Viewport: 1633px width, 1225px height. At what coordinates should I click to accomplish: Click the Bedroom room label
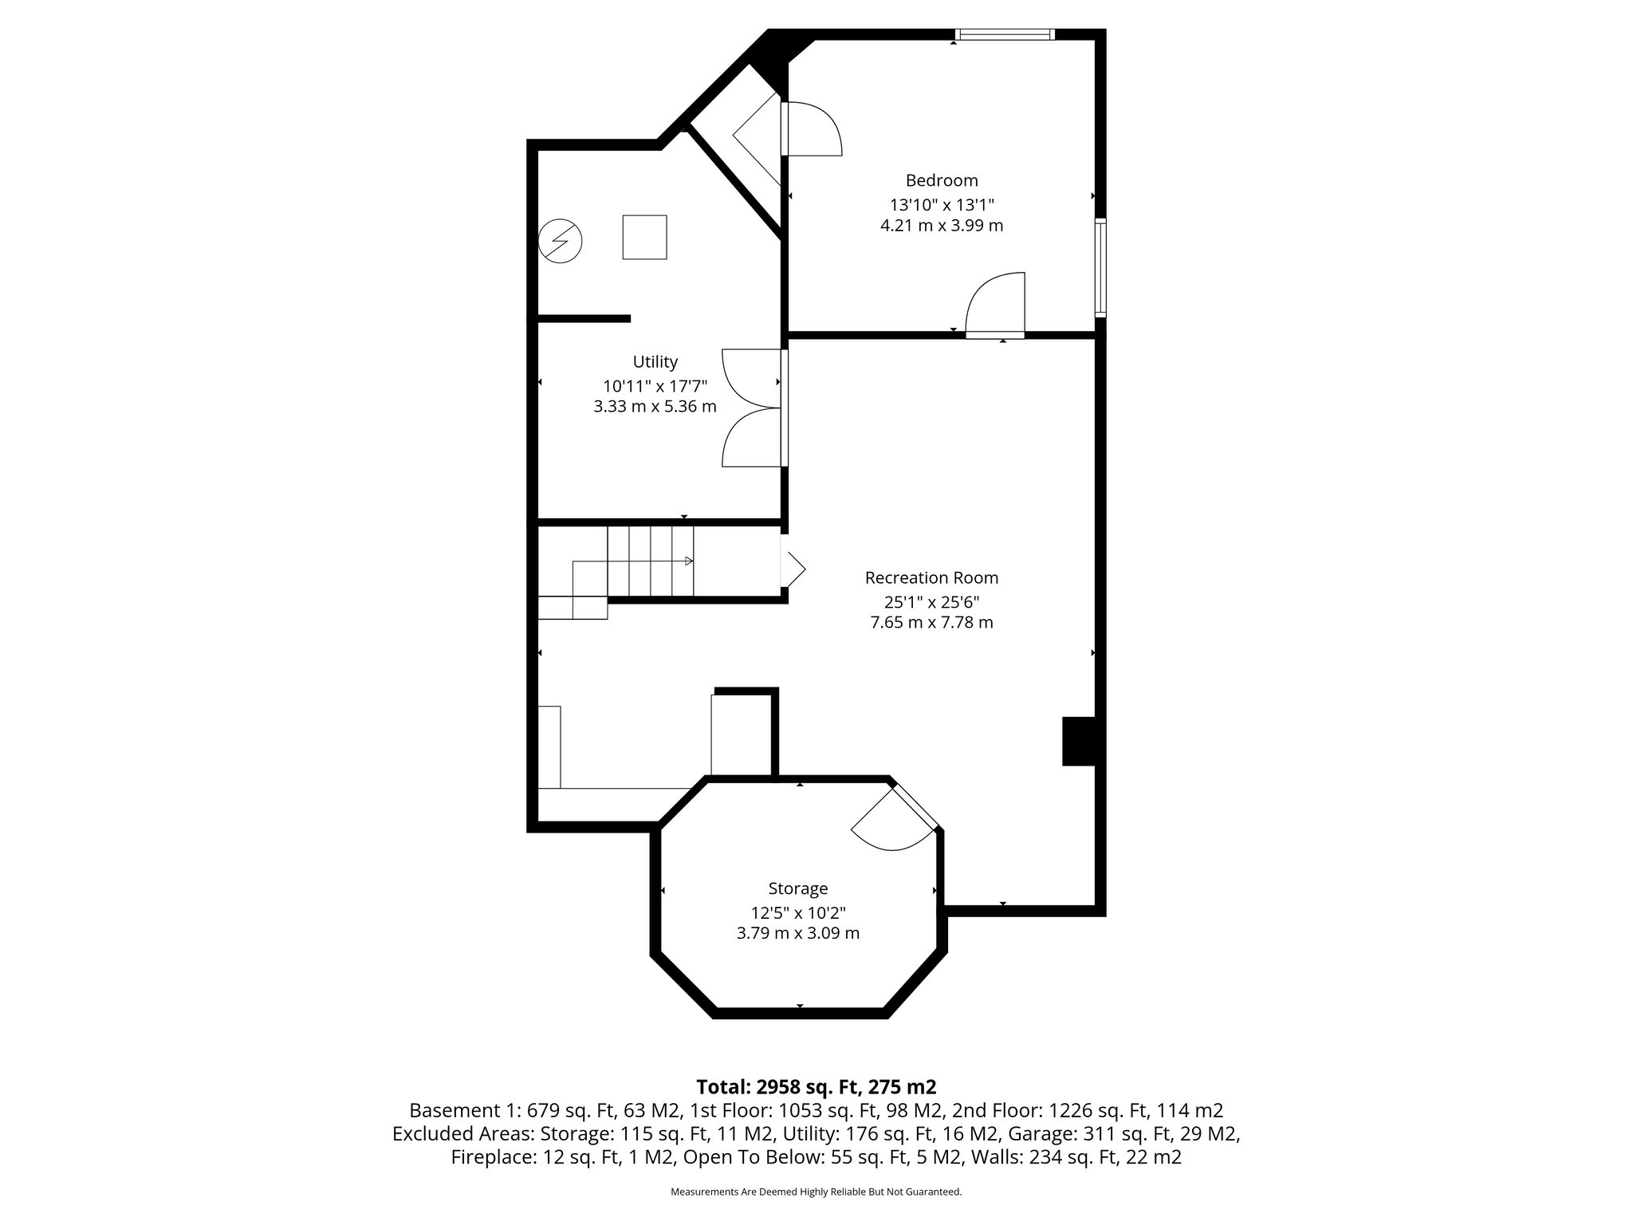[x=941, y=180]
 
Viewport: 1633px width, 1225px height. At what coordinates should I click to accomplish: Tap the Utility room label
[x=655, y=361]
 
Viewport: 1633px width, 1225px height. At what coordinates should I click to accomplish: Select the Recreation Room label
[x=931, y=577]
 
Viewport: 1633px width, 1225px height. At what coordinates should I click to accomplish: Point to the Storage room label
[x=797, y=888]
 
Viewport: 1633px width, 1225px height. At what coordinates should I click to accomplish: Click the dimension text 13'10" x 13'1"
[x=942, y=204]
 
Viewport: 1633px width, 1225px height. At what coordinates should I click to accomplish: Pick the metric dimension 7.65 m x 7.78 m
[x=931, y=622]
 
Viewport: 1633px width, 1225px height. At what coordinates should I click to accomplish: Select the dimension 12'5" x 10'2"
[x=797, y=912]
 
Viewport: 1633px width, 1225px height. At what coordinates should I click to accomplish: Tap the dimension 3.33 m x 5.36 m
[x=655, y=407]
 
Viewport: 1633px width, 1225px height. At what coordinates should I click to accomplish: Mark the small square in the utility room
[x=644, y=237]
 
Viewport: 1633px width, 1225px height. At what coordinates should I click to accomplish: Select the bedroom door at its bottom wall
[x=995, y=307]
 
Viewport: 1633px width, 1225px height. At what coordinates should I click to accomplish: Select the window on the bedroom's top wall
[x=1004, y=34]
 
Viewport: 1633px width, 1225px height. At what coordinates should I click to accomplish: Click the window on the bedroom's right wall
[x=1100, y=267]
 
